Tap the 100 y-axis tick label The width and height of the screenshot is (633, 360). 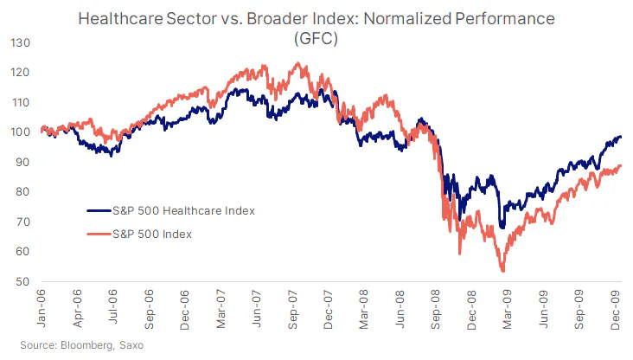point(20,132)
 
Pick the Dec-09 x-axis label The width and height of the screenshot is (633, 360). point(617,310)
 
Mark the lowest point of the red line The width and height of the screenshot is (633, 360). point(503,272)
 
